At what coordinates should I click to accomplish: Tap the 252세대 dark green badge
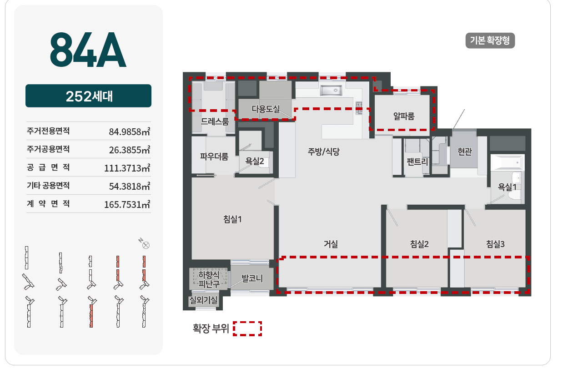[88, 96]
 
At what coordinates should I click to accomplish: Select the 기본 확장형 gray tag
[490, 40]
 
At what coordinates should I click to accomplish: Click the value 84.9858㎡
[130, 132]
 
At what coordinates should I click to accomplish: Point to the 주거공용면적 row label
[48, 149]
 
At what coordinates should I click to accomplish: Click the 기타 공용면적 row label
[48, 186]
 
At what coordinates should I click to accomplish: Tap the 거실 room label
[331, 244]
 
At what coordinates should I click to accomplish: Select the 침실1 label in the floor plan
[232, 219]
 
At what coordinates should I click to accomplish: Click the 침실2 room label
[419, 244]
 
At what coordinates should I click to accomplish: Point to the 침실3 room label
[495, 244]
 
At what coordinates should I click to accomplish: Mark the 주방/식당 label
[323, 152]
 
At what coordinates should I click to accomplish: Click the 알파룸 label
[404, 116]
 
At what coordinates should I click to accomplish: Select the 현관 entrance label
[464, 152]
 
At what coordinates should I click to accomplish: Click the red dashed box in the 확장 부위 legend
[247, 329]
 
